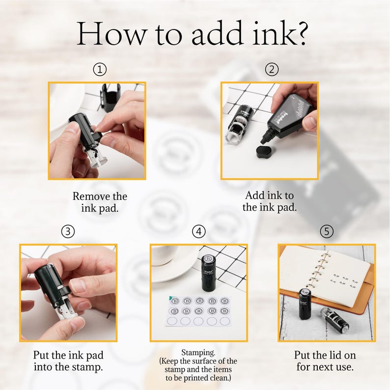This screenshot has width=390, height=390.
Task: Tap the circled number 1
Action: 100,69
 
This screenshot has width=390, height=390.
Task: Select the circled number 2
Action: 272,69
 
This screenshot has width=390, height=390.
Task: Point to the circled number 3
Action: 68,231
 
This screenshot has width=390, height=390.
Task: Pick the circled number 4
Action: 199,231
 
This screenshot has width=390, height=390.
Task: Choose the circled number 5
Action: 327,231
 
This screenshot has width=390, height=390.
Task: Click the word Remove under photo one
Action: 91,196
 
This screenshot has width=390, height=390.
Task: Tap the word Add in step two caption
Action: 254,195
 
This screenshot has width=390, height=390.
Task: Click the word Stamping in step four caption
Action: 198,353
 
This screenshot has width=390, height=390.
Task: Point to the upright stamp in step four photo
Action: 208,273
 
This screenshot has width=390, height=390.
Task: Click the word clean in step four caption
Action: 219,378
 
